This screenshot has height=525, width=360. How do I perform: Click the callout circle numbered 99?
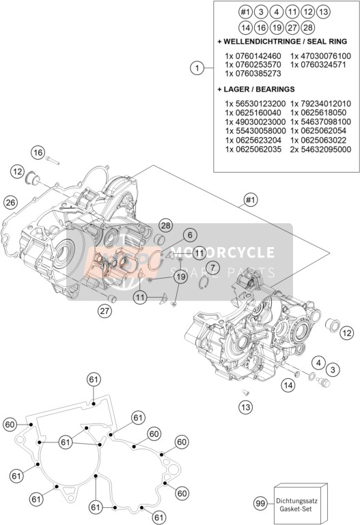(260, 504)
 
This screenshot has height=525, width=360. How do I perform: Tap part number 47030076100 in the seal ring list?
(320, 56)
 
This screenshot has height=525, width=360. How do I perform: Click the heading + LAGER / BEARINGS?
(256, 89)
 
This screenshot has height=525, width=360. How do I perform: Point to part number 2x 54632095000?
(320, 150)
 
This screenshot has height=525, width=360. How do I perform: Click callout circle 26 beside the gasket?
(10, 202)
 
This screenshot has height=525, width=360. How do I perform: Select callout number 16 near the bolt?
(38, 153)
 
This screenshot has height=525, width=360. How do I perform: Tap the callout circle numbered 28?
(166, 225)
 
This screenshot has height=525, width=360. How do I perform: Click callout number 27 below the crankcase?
(105, 311)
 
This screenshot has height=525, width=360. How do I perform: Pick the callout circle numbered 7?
(212, 268)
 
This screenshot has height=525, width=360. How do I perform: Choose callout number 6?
(190, 235)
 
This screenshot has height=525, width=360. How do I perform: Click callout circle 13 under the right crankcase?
(245, 407)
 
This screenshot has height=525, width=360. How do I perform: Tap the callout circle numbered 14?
(288, 385)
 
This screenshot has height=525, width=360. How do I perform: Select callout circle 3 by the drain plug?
(333, 370)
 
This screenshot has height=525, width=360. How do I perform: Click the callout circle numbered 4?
(318, 363)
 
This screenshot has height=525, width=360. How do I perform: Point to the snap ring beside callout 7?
(202, 283)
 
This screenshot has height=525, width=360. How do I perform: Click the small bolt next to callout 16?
(53, 160)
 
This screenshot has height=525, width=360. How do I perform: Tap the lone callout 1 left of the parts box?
(197, 68)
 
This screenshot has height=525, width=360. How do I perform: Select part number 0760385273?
(253, 74)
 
